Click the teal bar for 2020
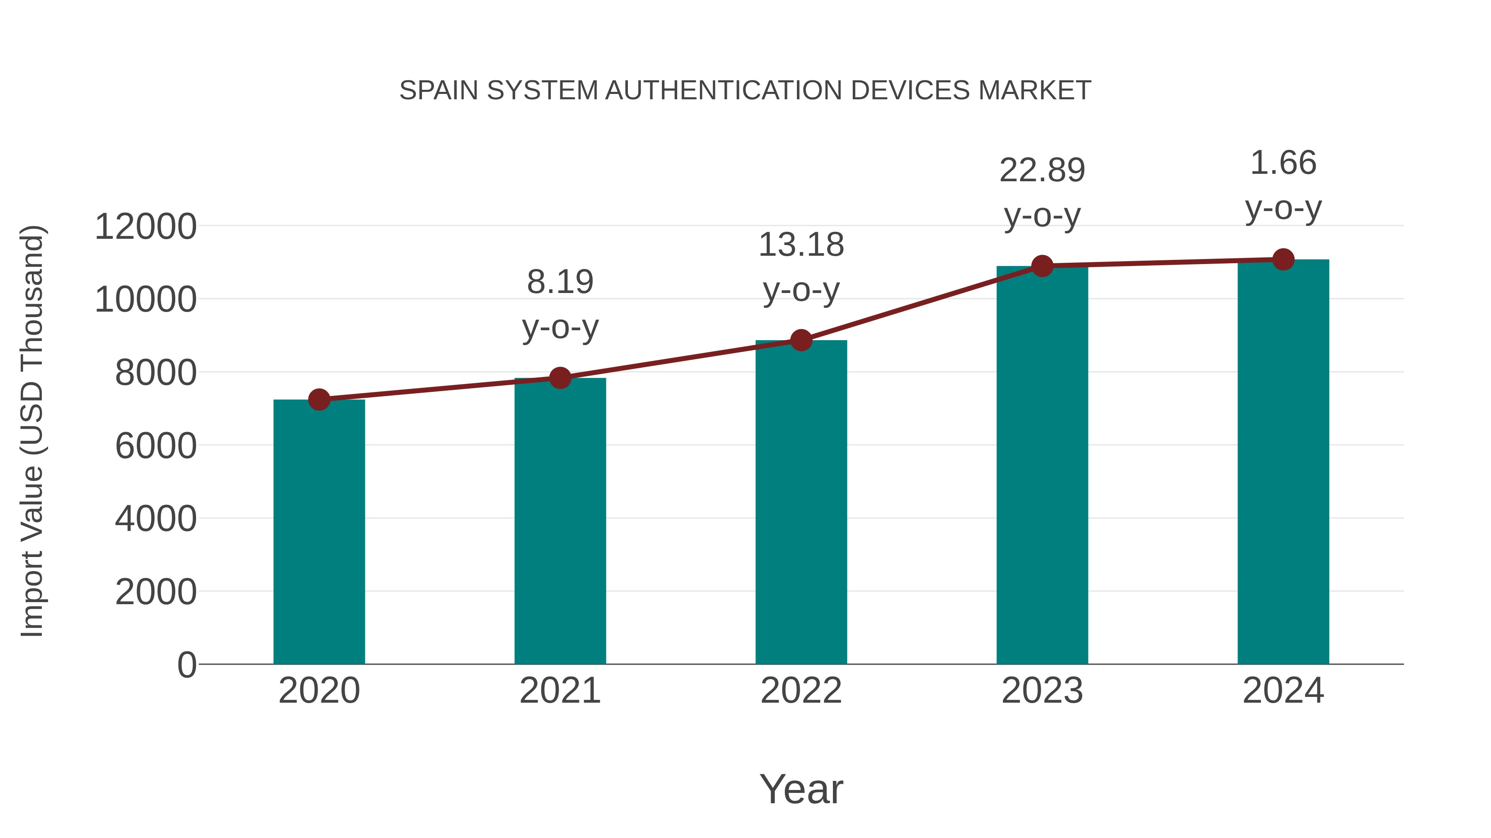319,532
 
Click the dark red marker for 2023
1042,266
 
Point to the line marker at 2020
319,400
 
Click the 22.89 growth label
1042,170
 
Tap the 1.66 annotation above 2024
1283,163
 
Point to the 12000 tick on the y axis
145,227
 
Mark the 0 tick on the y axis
187,665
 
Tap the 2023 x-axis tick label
1042,691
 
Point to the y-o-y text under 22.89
1042,216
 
